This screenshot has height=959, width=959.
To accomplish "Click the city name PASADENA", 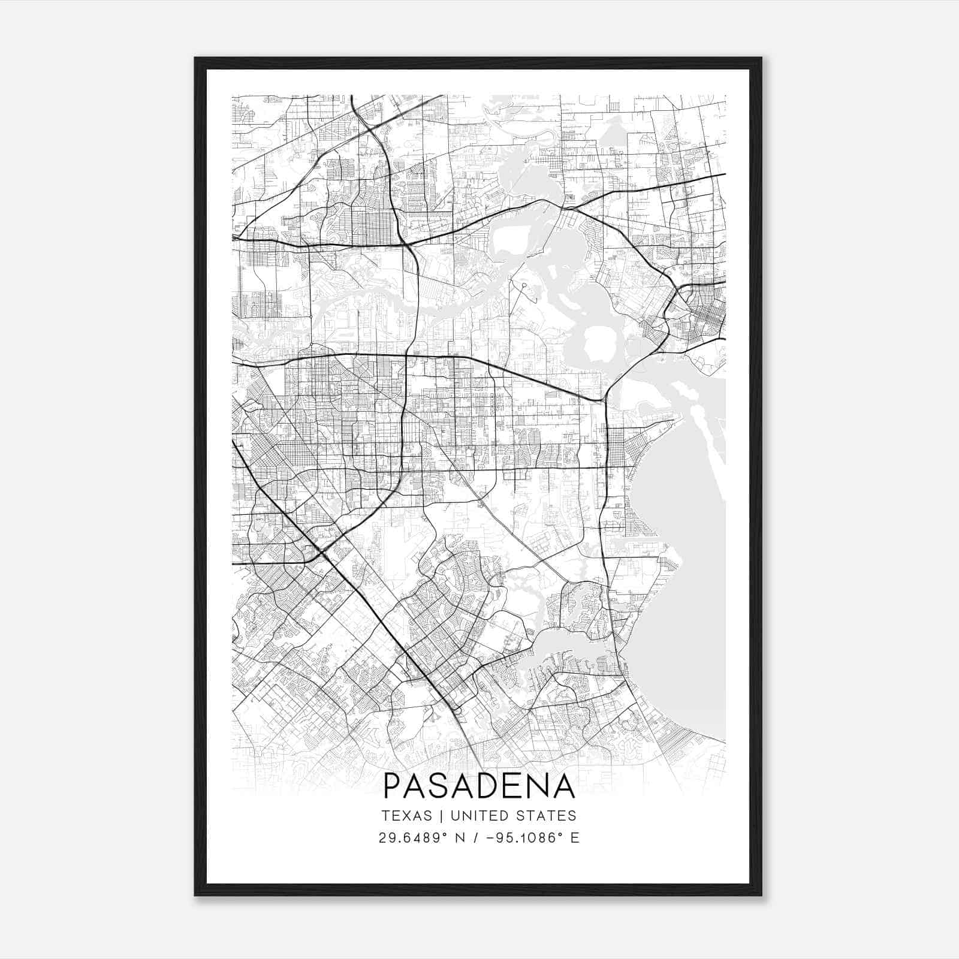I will click(479, 786).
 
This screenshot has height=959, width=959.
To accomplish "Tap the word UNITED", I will click(478, 816).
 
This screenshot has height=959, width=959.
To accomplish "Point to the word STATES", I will click(545, 816).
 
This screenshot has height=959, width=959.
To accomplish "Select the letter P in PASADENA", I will click(391, 786).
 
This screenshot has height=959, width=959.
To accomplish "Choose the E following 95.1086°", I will click(575, 837).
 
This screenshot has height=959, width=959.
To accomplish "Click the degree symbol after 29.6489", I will click(448, 834).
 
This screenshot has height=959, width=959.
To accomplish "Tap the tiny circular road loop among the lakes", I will click(523, 287).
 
